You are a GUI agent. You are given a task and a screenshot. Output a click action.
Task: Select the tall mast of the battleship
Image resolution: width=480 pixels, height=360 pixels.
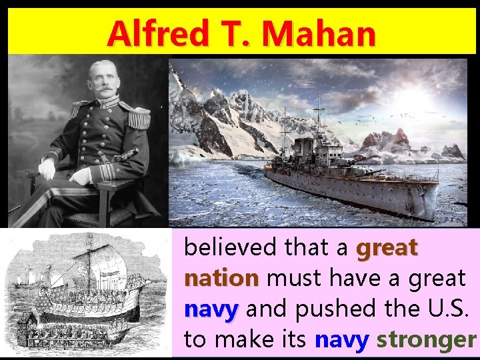tap(319, 123)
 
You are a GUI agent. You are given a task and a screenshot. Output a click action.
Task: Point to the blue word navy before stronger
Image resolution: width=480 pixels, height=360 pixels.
tap(341, 340)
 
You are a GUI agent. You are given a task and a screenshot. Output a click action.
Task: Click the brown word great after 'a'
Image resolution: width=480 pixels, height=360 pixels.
tap(387, 248)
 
